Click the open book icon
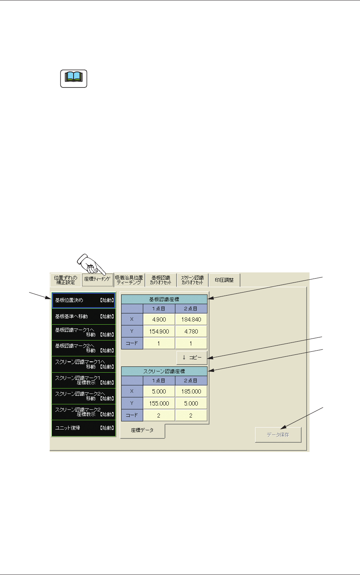click(x=74, y=79)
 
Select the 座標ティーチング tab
click(x=98, y=280)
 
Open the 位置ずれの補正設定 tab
click(x=65, y=280)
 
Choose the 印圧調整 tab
click(x=225, y=280)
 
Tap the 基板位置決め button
click(x=84, y=300)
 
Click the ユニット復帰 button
click(x=84, y=428)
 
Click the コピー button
click(x=192, y=358)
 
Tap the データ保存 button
click(x=278, y=435)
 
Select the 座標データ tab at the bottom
click(x=142, y=430)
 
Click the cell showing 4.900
click(x=159, y=320)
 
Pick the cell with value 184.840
click(x=191, y=320)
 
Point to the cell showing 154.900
click(x=159, y=332)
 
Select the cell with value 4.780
click(x=191, y=332)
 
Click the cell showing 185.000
click(x=191, y=392)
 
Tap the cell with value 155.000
click(x=159, y=404)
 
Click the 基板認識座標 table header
click(x=164, y=299)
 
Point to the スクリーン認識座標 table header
click(x=164, y=371)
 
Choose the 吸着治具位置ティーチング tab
click(x=129, y=280)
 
